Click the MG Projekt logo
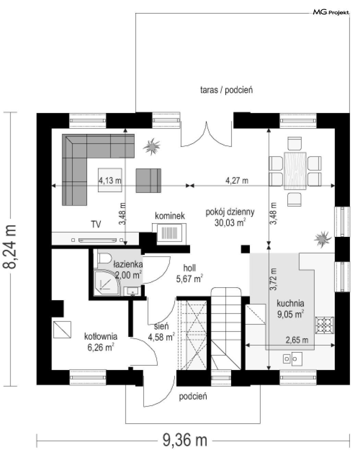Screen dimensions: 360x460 pos(331,13)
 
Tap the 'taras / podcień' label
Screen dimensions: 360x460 pos(226,90)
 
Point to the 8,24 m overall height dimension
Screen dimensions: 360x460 pos(10,247)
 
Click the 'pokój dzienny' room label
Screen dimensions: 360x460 pos(230,212)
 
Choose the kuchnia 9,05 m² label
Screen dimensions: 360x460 pos(290,309)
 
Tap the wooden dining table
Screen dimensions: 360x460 pos(295,171)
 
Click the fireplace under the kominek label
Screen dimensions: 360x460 pos(169,233)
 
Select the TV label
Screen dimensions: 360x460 pos(96,224)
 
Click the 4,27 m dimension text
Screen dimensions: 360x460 pos(237,181)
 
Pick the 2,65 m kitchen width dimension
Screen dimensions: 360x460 pos(297,340)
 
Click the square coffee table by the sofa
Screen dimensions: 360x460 pos(110,180)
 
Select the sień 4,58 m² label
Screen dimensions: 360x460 pos(161,331)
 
